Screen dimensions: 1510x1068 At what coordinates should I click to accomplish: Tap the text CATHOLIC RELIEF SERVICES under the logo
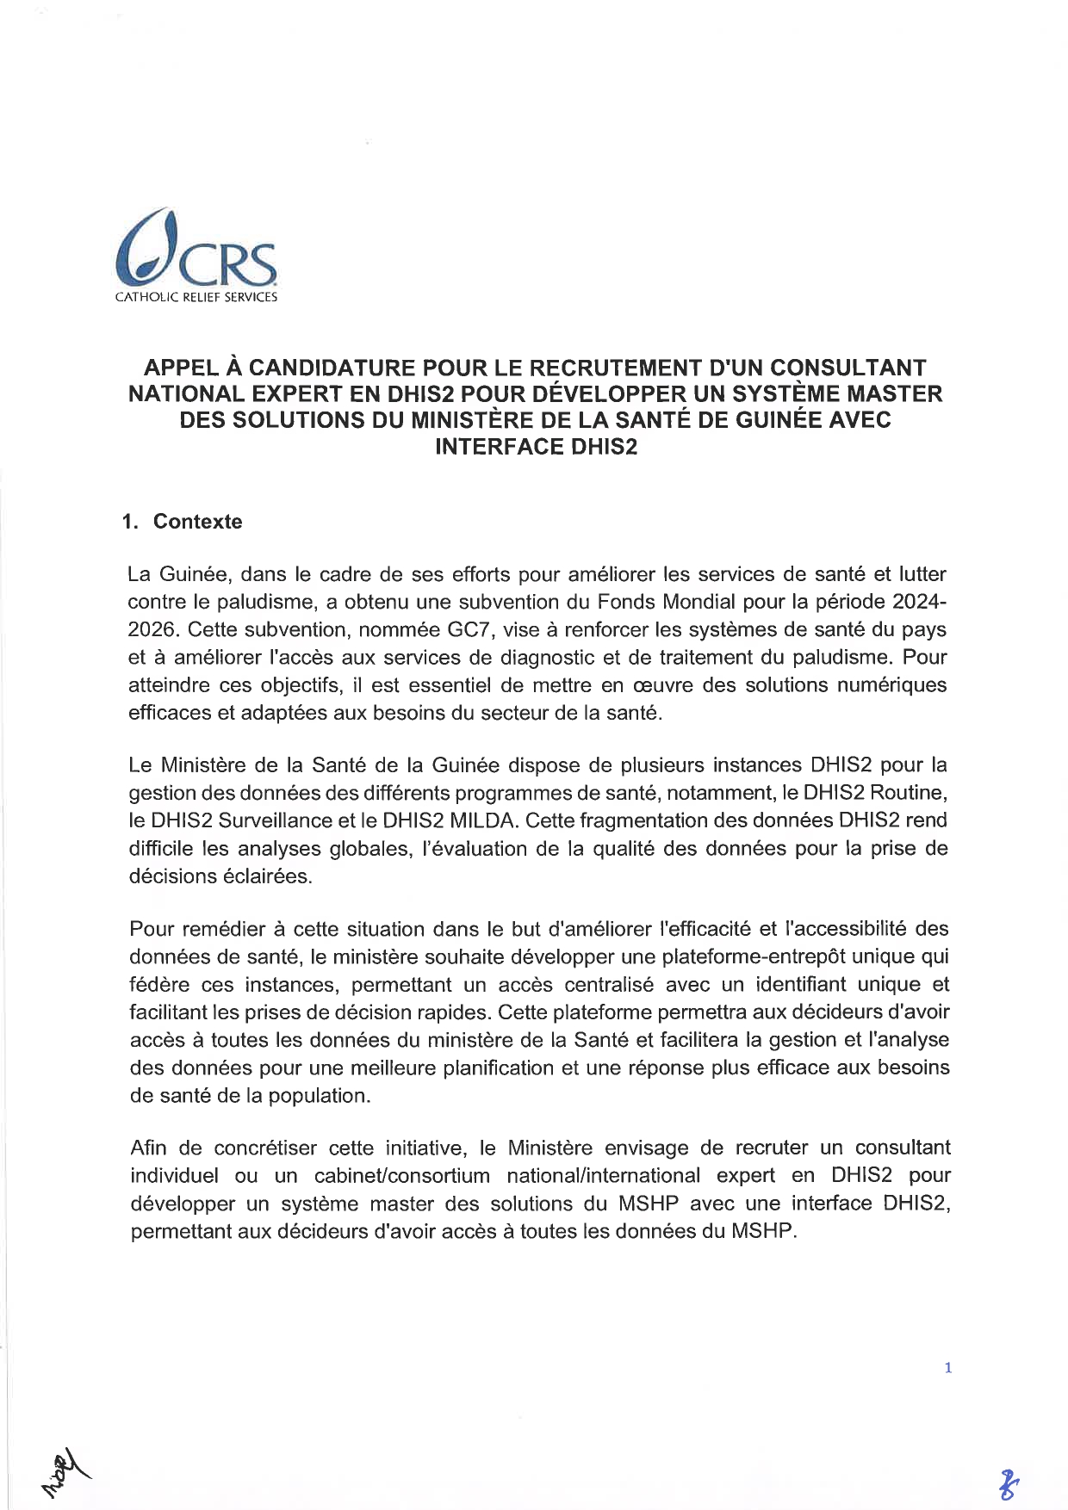(196, 298)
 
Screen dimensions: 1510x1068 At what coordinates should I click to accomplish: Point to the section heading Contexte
(197, 522)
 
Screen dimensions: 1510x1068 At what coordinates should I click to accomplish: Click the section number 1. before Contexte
(130, 522)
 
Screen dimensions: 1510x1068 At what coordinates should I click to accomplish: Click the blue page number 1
(947, 1368)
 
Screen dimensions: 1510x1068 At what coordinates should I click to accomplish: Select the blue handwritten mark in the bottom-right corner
(1007, 1485)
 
